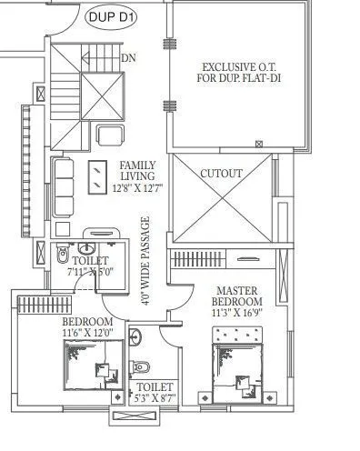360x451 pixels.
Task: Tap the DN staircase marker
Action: point(128,57)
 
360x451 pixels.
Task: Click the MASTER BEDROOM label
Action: point(237,296)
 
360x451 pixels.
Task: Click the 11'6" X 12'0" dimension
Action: point(87,334)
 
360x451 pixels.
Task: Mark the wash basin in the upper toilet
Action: point(89,246)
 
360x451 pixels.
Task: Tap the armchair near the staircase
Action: point(111,135)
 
